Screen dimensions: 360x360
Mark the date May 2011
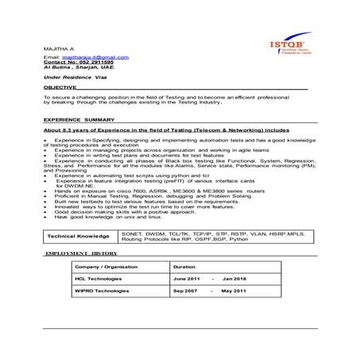click(234, 292)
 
